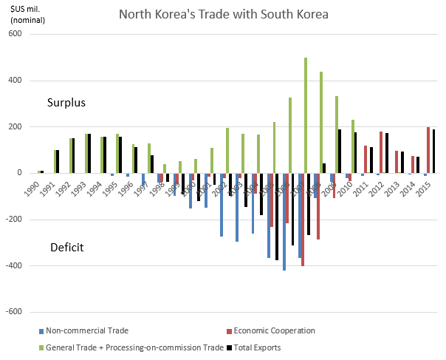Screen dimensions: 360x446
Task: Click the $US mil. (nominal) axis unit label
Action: [26, 15]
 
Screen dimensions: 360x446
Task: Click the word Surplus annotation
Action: [67, 103]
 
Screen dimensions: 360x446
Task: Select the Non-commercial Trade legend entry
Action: [80, 330]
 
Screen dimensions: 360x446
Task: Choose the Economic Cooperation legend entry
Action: [271, 330]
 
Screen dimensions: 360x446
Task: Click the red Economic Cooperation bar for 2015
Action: [428, 150]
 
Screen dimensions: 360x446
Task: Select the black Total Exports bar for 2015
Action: [433, 152]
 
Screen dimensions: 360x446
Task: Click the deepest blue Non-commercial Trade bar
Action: [284, 222]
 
